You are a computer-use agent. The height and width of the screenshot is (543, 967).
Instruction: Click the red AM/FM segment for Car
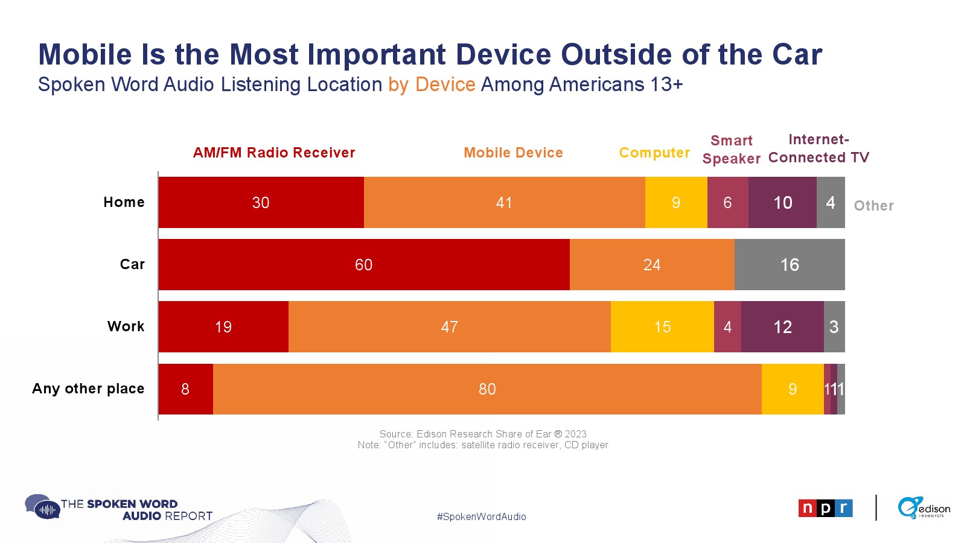click(364, 264)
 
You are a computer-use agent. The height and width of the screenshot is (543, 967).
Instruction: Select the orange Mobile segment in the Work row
click(449, 326)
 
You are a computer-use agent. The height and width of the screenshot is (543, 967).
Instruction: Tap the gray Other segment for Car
click(790, 264)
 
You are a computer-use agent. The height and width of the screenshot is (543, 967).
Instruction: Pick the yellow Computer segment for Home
click(676, 203)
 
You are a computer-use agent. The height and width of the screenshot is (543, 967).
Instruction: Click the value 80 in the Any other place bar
click(487, 389)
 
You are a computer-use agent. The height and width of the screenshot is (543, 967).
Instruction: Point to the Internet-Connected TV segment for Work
click(782, 326)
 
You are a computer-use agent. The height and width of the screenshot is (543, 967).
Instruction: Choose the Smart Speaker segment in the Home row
click(727, 203)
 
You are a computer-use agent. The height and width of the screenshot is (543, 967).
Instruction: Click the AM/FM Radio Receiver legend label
click(274, 153)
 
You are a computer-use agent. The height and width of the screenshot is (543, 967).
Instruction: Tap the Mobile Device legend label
click(513, 153)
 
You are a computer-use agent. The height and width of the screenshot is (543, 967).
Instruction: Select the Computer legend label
click(654, 153)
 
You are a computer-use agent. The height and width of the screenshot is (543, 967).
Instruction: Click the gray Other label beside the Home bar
click(873, 206)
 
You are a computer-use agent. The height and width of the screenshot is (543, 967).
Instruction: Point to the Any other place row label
click(88, 389)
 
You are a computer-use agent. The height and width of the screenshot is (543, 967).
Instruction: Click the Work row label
click(126, 326)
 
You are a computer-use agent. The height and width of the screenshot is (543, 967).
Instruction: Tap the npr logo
click(825, 508)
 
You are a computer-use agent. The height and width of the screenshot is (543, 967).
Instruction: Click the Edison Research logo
click(923, 507)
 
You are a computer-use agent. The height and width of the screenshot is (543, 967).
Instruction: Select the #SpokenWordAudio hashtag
click(481, 516)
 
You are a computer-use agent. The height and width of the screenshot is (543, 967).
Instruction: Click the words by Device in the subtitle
click(432, 84)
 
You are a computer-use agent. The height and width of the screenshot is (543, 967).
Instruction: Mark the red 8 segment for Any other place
click(185, 389)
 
